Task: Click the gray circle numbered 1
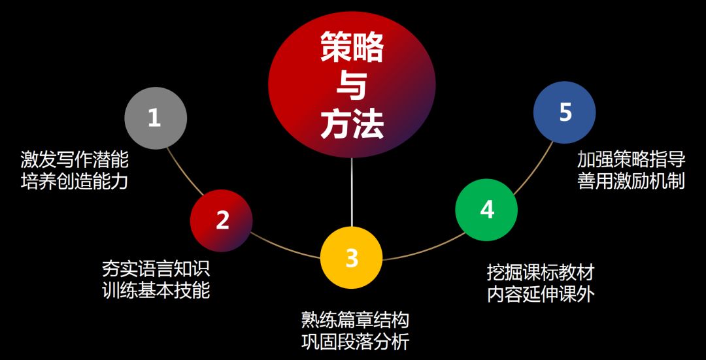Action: click(x=156, y=118)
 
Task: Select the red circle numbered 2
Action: click(x=222, y=220)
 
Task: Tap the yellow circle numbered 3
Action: click(x=352, y=257)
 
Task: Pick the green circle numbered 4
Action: click(x=486, y=210)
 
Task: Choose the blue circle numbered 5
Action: click(x=565, y=112)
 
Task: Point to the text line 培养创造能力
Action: click(x=75, y=181)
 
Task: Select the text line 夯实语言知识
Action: click(x=156, y=269)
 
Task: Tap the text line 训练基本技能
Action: click(x=156, y=290)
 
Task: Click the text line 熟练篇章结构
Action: click(x=356, y=320)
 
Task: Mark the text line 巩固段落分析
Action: click(x=356, y=341)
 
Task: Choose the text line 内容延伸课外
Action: click(x=541, y=293)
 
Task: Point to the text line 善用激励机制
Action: click(x=631, y=180)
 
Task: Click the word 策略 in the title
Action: click(x=352, y=48)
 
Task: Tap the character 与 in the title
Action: click(x=352, y=86)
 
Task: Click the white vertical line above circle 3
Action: click(x=352, y=193)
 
